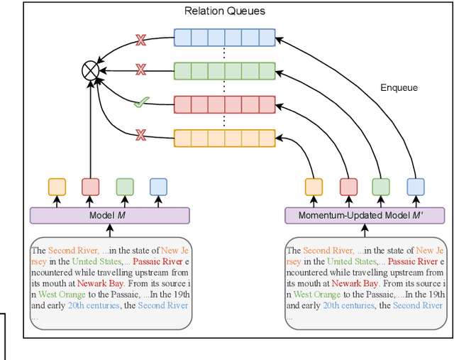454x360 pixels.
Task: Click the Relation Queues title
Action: click(224, 11)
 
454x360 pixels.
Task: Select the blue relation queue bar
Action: click(224, 38)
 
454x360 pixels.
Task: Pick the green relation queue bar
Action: click(224, 70)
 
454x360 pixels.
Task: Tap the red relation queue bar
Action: click(224, 104)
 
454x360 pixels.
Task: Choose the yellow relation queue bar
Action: click(224, 137)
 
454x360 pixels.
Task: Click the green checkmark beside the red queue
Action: click(140, 104)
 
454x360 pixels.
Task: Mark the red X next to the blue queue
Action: click(140, 39)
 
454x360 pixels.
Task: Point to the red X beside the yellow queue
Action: click(140, 134)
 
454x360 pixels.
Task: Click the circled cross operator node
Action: click(90, 70)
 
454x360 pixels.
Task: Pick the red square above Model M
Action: click(91, 187)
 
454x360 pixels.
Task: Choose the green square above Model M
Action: click(125, 187)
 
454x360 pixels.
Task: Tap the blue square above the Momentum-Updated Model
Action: click(415, 187)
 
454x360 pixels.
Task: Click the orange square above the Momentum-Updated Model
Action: click(314, 187)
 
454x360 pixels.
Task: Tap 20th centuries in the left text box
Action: click(93, 305)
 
